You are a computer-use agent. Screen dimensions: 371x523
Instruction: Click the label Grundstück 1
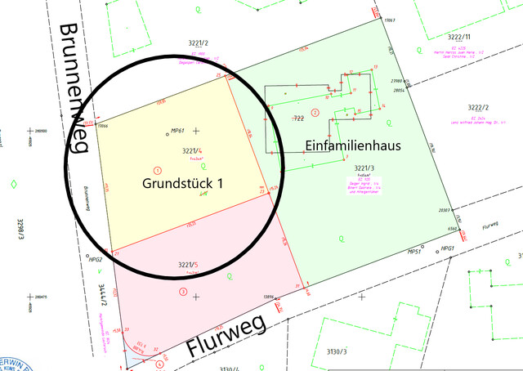coord(182,185)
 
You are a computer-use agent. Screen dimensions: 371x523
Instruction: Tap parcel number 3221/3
coord(365,168)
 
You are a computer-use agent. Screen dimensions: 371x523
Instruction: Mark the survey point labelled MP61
coord(177,131)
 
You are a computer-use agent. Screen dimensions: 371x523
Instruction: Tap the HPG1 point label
coord(447,248)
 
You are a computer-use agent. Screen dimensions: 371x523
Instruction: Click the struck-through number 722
coord(298,119)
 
